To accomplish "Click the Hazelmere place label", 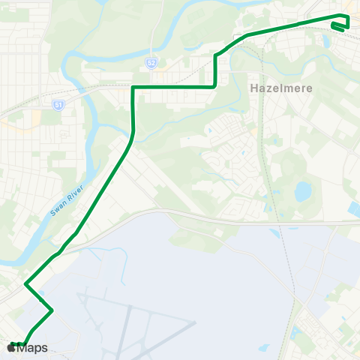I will click(x=274, y=88).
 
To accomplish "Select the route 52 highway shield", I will click(x=151, y=64).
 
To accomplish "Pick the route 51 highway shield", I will click(x=58, y=105).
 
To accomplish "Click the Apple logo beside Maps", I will click(x=12, y=347).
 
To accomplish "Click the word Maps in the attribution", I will click(x=33, y=348).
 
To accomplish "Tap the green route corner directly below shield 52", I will click(x=133, y=88).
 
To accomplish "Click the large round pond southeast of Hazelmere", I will click(x=303, y=192).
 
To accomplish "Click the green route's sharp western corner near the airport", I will click(x=26, y=284).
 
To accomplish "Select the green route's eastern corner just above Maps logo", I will click(x=52, y=310).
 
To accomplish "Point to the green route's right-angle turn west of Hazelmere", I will click(x=215, y=87).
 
